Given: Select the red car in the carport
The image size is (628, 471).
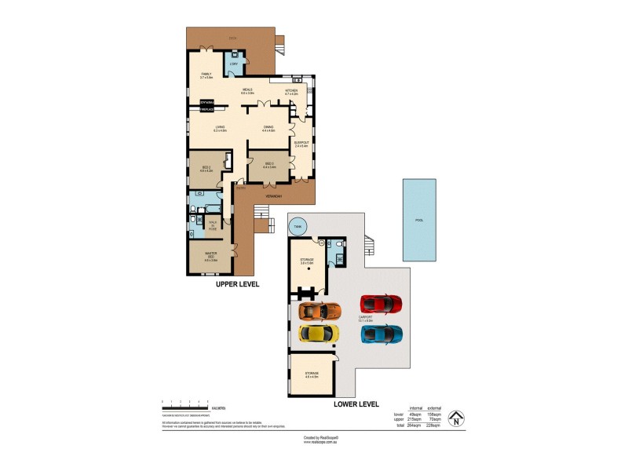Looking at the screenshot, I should click(381, 303).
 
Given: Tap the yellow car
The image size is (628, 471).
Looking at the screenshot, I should click(320, 334).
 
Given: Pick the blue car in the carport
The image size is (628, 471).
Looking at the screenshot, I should click(382, 334).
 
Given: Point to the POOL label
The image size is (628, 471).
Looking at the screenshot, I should click(419, 221).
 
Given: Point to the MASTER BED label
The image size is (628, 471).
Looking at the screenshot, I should click(210, 256).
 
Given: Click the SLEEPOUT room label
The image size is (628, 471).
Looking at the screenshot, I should click(301, 143).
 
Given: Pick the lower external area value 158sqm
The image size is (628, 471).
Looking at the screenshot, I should click(434, 414).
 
